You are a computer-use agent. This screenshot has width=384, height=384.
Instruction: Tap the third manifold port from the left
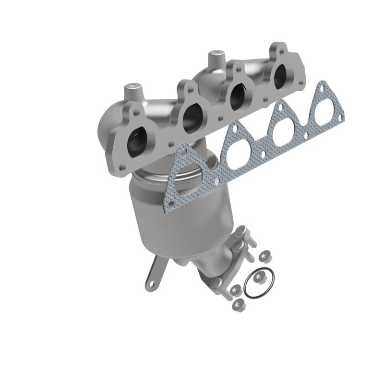coord(239,96)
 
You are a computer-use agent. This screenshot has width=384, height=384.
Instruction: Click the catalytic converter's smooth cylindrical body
coord(192,216)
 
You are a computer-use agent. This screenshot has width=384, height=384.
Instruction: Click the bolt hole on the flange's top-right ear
coord(279,48)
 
